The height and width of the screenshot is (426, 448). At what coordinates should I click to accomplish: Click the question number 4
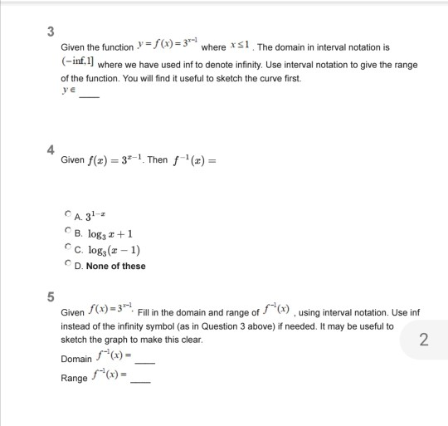coord(51,151)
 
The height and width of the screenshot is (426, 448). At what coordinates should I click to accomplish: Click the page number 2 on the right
coord(424,339)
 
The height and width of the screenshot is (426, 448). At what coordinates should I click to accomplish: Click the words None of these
coord(115,266)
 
